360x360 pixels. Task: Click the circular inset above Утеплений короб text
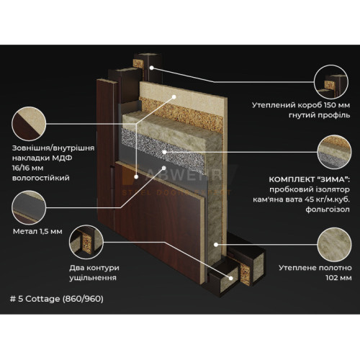pos(331,81)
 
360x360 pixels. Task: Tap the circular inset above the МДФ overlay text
pos(29,124)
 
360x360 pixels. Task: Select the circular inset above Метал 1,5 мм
pos(29,208)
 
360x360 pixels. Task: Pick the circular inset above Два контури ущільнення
pos(86,242)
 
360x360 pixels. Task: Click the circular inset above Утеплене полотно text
pos(334,245)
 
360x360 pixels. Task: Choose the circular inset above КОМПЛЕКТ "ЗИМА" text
pos(334,152)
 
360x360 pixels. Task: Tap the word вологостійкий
pos(41,179)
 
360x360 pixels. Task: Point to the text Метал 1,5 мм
pos(37,232)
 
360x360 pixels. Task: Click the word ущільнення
pos(93,278)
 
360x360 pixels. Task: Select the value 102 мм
pos(338,278)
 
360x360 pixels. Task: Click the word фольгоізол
pos(328,210)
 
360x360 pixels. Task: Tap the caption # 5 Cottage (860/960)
pos(57,299)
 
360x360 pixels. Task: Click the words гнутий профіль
pos(320,115)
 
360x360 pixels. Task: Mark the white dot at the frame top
pos(151,68)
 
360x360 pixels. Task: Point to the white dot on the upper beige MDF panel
pos(174,96)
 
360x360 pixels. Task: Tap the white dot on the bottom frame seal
pos(230,278)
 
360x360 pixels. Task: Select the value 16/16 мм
pos(28,168)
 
